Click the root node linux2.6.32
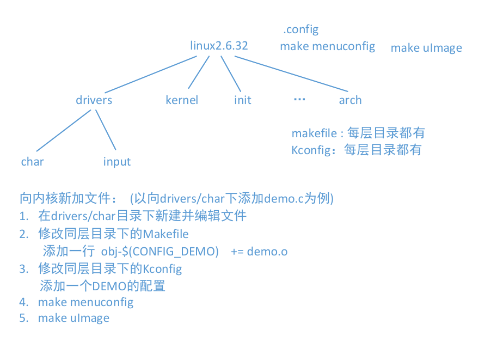click(x=219, y=46)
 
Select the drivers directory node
click(x=94, y=100)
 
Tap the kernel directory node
click(x=182, y=100)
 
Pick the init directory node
click(x=243, y=100)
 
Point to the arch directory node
click(x=350, y=100)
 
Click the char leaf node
click(x=33, y=162)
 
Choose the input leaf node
click(x=117, y=162)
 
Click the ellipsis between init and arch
click(x=299, y=99)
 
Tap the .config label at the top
click(x=300, y=29)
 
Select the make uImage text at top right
click(x=426, y=48)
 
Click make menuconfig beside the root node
click(x=327, y=46)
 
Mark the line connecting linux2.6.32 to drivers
click(x=147, y=74)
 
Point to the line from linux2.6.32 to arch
click(x=291, y=74)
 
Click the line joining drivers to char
click(x=63, y=130)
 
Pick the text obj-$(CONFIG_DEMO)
click(x=160, y=251)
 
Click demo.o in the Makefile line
click(x=267, y=251)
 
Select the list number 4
click(x=23, y=302)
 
